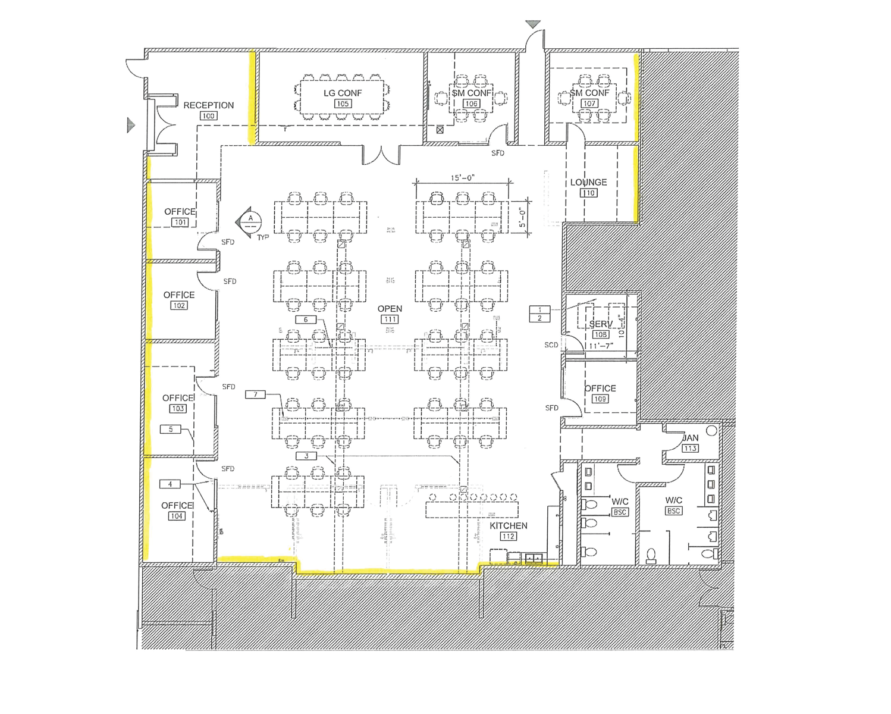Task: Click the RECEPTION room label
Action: tap(208, 105)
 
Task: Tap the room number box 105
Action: tap(343, 104)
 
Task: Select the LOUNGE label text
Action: tap(588, 182)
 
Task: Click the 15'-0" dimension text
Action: tap(462, 177)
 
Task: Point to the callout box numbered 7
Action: tap(255, 394)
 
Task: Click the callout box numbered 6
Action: tap(306, 320)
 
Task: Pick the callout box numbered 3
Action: tap(306, 456)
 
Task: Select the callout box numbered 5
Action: tap(171, 429)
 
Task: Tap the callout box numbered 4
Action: tap(170, 484)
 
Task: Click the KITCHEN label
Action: tap(508, 526)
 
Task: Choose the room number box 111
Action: tap(390, 320)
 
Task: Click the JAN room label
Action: tap(690, 438)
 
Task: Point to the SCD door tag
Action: tap(551, 345)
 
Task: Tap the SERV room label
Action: tap(600, 324)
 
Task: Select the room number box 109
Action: tap(600, 399)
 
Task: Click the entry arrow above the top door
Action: tap(533, 24)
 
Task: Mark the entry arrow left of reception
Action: tap(131, 125)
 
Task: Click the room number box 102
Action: tap(179, 305)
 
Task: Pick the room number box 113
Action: tap(690, 448)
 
